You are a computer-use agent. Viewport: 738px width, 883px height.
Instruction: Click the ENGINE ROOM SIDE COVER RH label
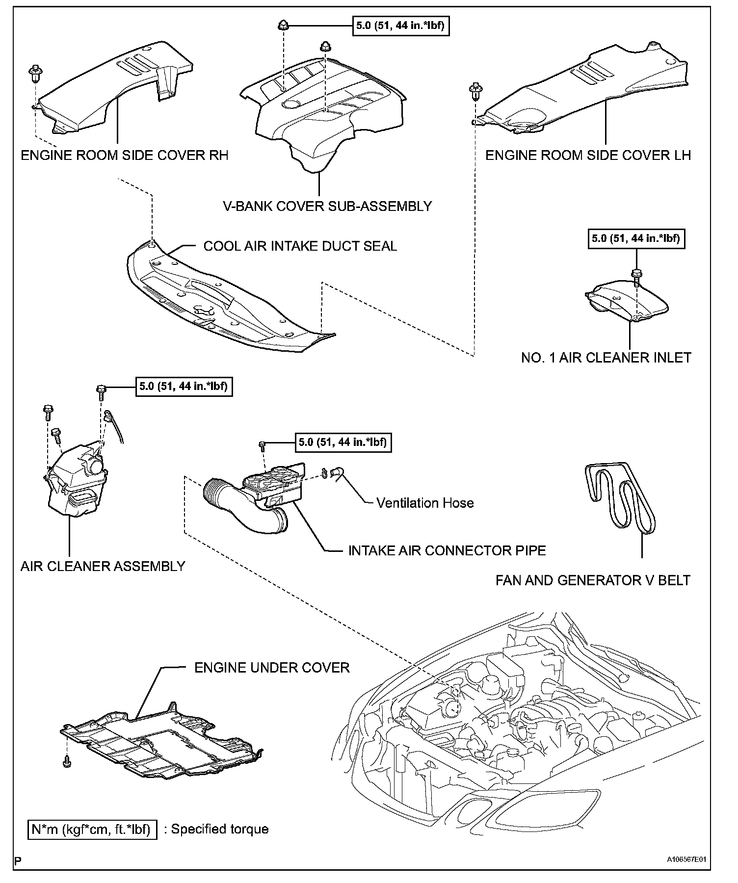(125, 156)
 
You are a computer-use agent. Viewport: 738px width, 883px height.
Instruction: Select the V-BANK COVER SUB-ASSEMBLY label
(327, 206)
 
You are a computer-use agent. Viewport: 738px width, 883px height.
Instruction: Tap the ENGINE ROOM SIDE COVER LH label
(588, 156)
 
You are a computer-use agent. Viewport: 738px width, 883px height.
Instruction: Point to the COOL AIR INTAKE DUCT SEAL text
(300, 246)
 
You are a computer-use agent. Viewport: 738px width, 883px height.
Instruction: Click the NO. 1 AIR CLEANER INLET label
(606, 358)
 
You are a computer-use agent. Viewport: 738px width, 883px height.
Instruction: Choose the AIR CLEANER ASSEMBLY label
(103, 566)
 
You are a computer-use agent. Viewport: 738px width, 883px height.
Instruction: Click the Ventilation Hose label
(425, 503)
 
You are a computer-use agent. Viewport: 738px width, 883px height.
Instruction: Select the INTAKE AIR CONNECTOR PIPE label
(447, 550)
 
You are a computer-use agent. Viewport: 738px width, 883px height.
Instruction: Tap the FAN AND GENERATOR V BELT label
(593, 580)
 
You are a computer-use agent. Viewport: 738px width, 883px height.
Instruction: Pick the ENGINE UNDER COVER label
(272, 668)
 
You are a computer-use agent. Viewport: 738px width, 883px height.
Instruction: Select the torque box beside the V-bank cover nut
(400, 26)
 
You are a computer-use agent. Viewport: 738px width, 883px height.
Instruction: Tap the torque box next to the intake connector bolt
(343, 442)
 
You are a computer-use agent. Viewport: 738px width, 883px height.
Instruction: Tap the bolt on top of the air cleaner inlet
(636, 274)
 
